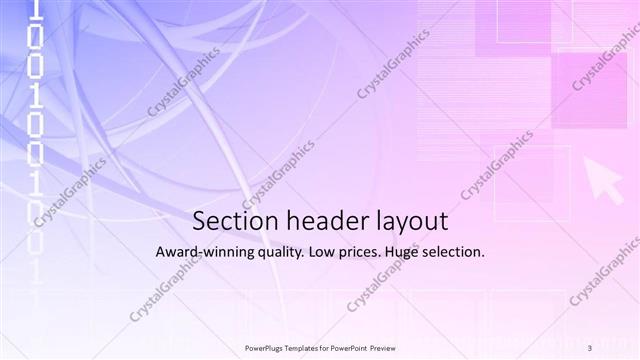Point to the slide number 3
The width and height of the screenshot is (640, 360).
590,347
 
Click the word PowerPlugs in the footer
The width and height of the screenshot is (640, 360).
265,347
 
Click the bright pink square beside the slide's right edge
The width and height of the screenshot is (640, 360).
589,91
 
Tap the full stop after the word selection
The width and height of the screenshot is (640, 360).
484,256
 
